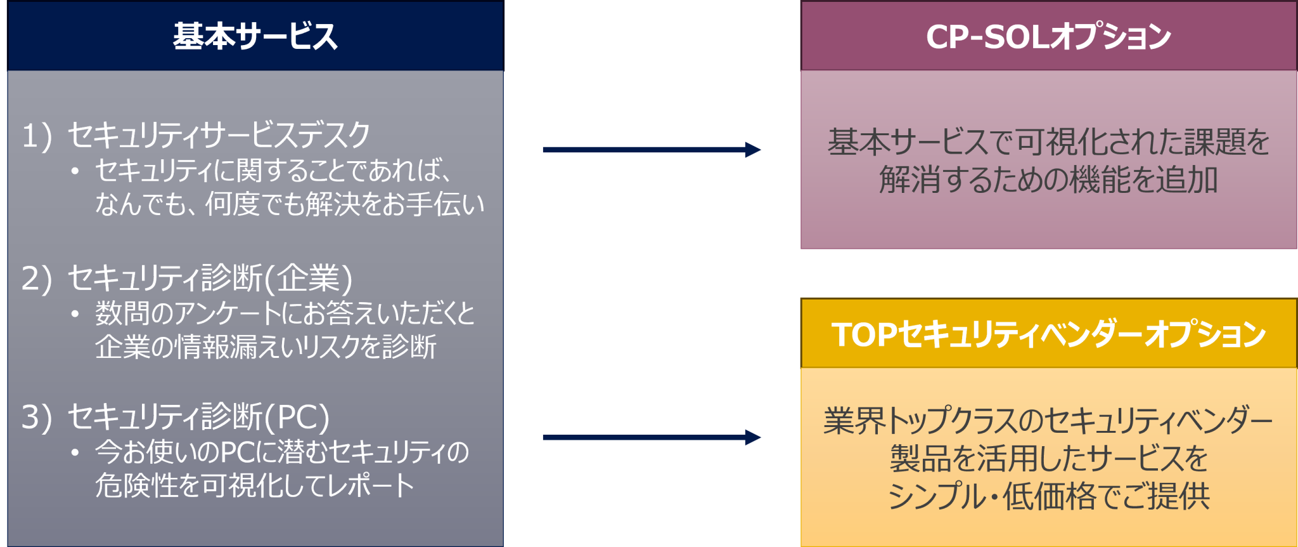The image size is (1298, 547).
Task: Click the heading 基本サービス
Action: (255, 36)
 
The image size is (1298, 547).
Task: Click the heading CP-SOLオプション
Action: (1048, 36)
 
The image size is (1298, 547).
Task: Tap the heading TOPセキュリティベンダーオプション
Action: (1048, 334)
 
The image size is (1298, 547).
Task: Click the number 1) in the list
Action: (36, 136)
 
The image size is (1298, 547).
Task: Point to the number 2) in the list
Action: (36, 278)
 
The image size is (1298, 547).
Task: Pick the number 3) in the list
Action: (36, 417)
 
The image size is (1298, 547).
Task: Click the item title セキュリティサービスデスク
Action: (219, 135)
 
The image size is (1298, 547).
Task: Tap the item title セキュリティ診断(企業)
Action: (210, 278)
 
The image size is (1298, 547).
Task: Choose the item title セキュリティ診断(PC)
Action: (198, 417)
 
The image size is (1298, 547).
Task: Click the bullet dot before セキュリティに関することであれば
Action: (75, 171)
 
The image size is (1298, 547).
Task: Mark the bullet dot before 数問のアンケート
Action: (75, 313)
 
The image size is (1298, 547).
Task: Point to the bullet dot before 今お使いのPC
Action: (75, 452)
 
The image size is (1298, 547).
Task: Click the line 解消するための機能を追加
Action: (1048, 180)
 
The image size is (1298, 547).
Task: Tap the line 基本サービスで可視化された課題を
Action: (1048, 142)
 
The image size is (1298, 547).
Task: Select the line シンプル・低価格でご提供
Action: (1048, 496)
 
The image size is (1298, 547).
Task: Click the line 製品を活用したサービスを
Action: (1048, 458)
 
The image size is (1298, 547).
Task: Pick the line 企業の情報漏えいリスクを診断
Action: (266, 346)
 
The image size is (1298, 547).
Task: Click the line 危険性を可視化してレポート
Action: (254, 485)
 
